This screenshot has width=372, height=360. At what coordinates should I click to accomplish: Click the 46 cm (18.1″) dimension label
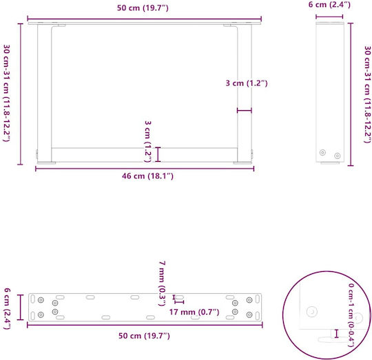(147, 176)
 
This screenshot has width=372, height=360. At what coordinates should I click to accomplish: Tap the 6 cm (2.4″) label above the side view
(329, 5)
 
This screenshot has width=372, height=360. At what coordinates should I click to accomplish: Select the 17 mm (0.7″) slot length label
(194, 312)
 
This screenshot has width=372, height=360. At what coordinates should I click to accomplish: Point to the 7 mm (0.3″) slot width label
(162, 284)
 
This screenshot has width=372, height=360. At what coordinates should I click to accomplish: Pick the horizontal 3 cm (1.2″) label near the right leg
(247, 83)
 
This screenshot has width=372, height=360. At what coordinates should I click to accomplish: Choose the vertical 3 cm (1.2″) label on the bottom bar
(148, 142)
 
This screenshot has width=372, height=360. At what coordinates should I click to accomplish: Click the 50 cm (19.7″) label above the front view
(143, 8)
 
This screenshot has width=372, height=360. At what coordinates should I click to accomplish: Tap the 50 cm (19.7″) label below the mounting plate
(144, 336)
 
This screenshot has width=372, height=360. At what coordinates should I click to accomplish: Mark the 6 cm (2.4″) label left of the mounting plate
(7, 308)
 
